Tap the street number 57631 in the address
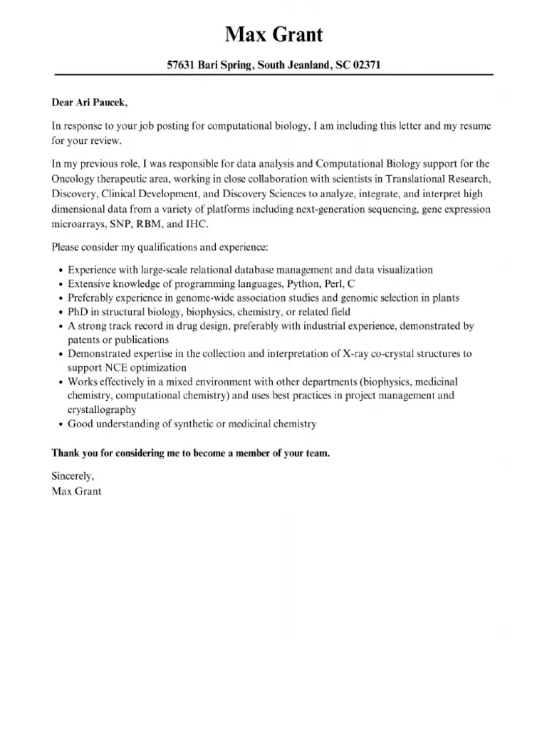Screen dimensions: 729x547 click(x=182, y=65)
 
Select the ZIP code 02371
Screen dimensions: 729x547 click(x=367, y=65)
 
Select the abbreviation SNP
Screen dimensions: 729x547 click(x=118, y=225)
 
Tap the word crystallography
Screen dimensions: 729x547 click(x=102, y=410)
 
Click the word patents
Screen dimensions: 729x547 click(x=84, y=340)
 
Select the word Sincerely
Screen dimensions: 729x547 click(x=73, y=476)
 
